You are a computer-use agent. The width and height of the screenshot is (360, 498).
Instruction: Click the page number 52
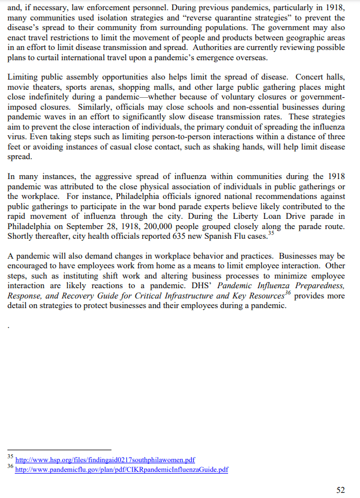[x=340, y=490]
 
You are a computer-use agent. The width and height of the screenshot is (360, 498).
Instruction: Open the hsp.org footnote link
[x=105, y=459]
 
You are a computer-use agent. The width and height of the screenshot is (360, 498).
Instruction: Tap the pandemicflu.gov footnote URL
[x=121, y=470]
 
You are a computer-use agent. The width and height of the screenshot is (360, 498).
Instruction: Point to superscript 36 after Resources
[x=288, y=293]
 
